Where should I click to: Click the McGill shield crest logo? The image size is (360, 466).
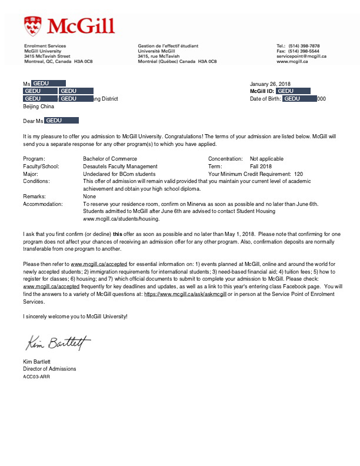32,26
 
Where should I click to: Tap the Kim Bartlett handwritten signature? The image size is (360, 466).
58,343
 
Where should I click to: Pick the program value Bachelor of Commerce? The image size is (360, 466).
110,159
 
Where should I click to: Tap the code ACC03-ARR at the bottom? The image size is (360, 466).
36,376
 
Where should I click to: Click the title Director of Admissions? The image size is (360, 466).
49,369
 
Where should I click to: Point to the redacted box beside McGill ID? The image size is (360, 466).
293,91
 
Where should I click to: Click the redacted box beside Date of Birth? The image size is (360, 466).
300,99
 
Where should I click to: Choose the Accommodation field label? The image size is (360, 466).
42,204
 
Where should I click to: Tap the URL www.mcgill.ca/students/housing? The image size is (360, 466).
122,218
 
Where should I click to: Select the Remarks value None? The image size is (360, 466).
89,197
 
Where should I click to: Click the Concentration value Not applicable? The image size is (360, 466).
266,159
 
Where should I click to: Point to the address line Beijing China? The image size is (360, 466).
38,106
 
